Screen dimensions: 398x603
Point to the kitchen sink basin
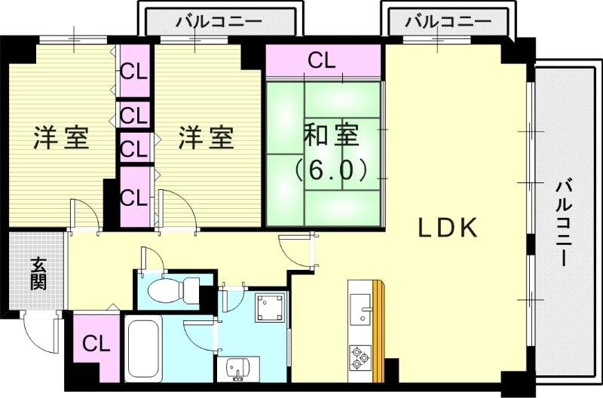[362, 310]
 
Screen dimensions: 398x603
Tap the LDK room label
[448, 228]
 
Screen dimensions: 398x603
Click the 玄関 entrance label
[38, 274]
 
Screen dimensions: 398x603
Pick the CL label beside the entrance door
[96, 345]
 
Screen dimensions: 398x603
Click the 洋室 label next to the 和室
[206, 139]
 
